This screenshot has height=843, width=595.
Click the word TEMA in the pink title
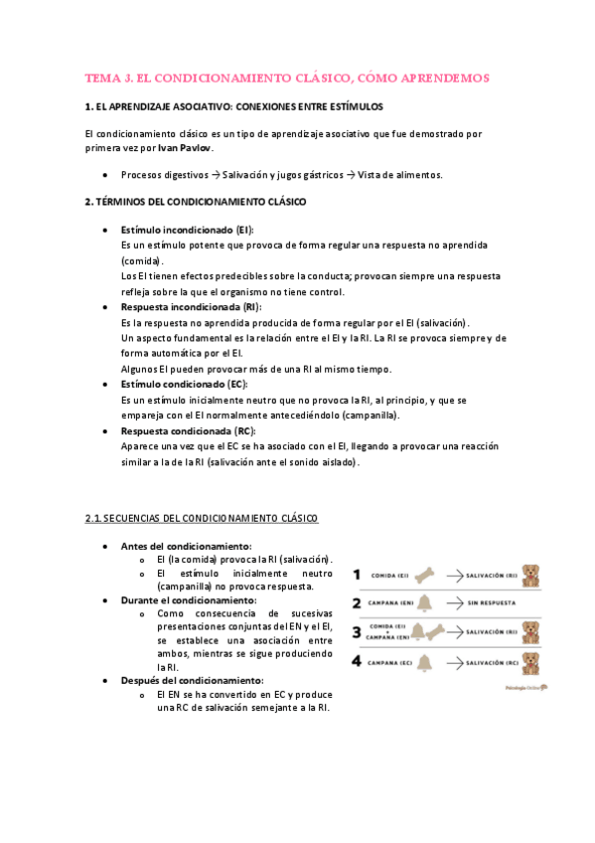coord(101,77)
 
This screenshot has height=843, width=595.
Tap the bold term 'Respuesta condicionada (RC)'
coord(187,431)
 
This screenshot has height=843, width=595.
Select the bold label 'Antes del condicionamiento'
coord(186,546)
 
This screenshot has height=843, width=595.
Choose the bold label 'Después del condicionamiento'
coord(193,680)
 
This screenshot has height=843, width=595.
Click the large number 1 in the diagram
coord(357,575)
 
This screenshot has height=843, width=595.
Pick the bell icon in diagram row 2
coord(424,603)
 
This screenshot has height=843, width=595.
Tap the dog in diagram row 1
coord(531,575)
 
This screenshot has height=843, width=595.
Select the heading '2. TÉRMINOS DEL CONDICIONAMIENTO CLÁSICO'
coord(196,202)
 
